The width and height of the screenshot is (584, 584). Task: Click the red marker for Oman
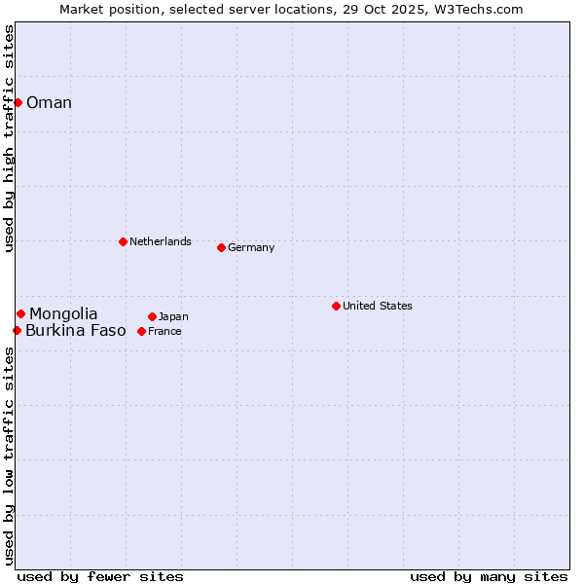[18, 102]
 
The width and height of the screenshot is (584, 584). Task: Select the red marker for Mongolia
[20, 313]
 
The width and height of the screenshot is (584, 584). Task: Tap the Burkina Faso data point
[17, 331]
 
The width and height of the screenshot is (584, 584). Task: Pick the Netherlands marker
[123, 241]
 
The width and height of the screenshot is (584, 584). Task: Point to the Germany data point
[221, 247]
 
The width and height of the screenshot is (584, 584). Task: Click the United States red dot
[336, 306]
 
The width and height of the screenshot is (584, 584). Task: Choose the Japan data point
[152, 316]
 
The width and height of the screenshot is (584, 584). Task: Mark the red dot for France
[141, 331]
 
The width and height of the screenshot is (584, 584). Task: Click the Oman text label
[49, 103]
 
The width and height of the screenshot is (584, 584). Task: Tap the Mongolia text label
[63, 313]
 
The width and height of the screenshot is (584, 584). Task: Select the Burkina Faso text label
[76, 331]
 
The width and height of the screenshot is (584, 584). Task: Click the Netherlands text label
[161, 241]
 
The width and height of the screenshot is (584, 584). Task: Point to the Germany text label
[251, 247]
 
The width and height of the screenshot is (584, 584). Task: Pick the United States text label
[378, 306]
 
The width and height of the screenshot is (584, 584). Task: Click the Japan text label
[173, 316]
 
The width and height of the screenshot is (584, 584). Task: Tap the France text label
[164, 331]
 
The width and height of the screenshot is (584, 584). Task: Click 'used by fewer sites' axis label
[100, 576]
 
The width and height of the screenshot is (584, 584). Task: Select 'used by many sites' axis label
[489, 576]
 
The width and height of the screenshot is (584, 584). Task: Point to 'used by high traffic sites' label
[9, 138]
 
